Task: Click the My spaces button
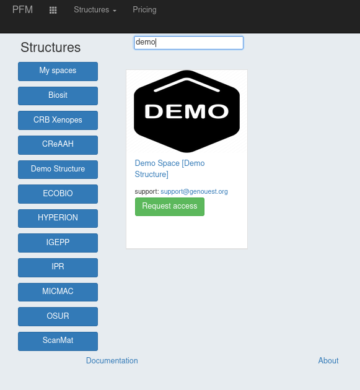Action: click(x=58, y=71)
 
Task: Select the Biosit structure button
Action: click(x=58, y=96)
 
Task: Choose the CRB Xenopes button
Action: click(x=58, y=120)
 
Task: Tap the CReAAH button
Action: click(x=58, y=145)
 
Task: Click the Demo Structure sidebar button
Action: click(x=58, y=170)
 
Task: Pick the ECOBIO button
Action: click(x=58, y=194)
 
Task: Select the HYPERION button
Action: click(x=58, y=219)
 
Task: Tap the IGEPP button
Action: click(x=58, y=243)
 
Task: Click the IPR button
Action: click(x=58, y=267)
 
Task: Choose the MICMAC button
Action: click(x=58, y=292)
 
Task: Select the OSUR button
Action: click(x=58, y=316)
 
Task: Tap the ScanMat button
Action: click(x=58, y=341)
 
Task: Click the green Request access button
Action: click(x=170, y=207)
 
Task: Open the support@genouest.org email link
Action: click(x=194, y=191)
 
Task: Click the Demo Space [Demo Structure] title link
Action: click(x=170, y=168)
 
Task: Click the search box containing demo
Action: click(x=188, y=43)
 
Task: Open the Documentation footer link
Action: click(x=112, y=361)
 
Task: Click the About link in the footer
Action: click(x=328, y=361)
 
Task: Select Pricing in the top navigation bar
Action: click(x=144, y=10)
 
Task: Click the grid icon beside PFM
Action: click(x=53, y=10)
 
